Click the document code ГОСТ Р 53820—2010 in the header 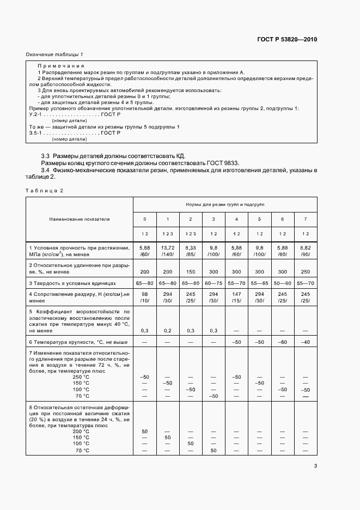[x=286, y=40]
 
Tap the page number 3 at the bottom [x=315, y=466]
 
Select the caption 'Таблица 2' [x=45, y=190]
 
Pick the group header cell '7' [x=305, y=219]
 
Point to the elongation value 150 [x=190, y=271]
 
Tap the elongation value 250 [x=305, y=271]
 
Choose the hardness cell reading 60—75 [x=213, y=284]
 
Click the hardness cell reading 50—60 [x=282, y=284]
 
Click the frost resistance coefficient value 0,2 [x=167, y=331]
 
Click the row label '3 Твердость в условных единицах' [x=73, y=284]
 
